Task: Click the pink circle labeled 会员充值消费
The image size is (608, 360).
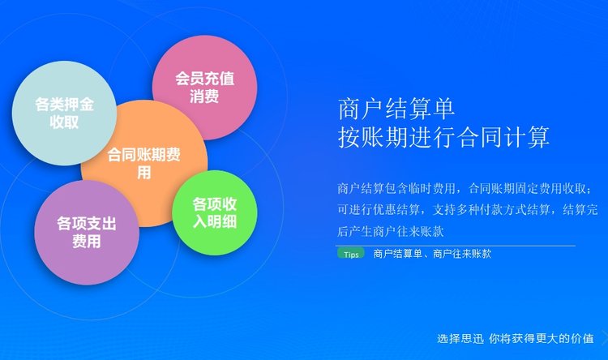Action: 205,88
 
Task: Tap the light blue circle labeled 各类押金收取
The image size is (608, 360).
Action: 64,113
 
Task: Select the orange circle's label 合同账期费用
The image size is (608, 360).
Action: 143,163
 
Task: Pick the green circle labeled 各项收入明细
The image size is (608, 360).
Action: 215,212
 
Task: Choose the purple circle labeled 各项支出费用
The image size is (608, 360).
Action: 87,233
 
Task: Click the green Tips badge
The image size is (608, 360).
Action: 351,254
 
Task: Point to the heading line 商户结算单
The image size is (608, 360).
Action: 396,109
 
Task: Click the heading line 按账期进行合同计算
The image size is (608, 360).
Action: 443,137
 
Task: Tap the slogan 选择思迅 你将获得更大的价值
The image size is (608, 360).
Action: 516,338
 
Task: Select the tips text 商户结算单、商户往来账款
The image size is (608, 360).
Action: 432,254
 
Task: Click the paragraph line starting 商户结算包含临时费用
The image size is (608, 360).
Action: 465,189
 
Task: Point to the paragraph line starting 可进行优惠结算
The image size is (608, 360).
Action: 467,210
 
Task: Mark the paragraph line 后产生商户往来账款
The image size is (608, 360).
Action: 391,232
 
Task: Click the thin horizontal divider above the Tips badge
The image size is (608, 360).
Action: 456,246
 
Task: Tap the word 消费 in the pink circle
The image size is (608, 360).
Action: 204,96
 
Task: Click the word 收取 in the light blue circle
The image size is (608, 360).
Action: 64,122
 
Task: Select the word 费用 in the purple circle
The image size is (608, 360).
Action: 87,242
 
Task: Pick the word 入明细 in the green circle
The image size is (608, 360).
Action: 215,221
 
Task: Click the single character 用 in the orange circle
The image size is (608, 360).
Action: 143,173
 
